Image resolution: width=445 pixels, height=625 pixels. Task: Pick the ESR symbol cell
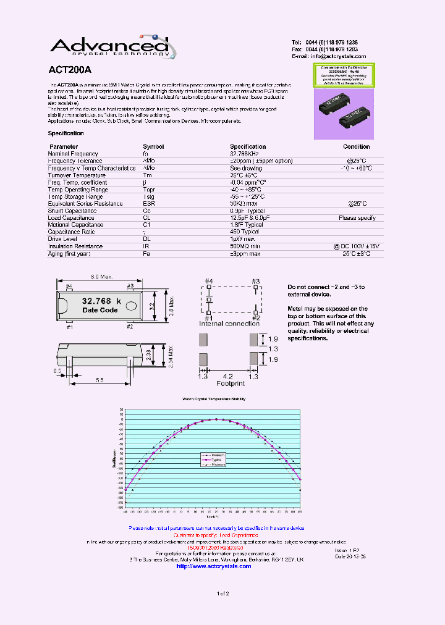(149, 203)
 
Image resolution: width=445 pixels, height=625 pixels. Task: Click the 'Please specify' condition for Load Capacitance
(357, 217)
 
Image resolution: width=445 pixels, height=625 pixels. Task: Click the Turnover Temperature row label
(77, 175)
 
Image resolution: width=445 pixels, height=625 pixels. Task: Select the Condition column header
(357, 146)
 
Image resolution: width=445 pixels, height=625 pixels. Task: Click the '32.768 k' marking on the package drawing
(102, 301)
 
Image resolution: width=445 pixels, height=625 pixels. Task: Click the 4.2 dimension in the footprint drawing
(227, 375)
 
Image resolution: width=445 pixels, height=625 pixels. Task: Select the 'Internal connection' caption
(229, 324)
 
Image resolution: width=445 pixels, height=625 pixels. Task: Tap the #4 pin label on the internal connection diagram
(209, 282)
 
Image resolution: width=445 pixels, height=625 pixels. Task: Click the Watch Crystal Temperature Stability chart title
(213, 399)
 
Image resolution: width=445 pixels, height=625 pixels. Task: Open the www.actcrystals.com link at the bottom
(213, 566)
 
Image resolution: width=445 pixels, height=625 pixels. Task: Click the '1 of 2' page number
(222, 594)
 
